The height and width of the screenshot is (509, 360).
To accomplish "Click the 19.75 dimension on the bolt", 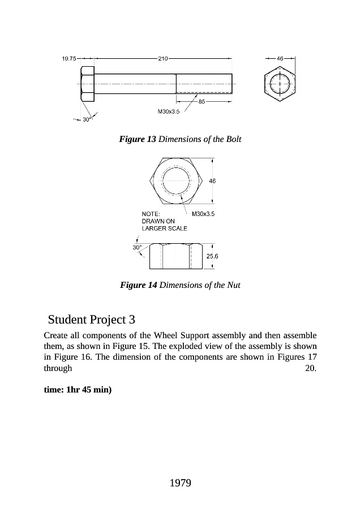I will click(68, 58).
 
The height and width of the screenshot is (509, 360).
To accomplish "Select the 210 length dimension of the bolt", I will click(164, 58).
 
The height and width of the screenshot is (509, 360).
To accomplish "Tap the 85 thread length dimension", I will click(202, 102).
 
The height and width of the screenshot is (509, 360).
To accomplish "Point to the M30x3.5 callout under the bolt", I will click(168, 111).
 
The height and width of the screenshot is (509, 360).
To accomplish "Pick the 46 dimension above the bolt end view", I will click(280, 58).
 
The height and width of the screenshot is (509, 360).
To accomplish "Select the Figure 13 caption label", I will click(138, 139).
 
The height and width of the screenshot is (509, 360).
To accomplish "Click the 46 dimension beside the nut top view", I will click(212, 181).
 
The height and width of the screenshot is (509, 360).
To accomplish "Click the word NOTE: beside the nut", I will click(150, 214).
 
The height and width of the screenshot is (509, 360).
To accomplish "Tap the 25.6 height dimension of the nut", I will click(212, 256).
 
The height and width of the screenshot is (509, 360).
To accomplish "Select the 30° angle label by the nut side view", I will click(136, 247).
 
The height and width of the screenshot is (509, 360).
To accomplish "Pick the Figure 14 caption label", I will click(139, 285).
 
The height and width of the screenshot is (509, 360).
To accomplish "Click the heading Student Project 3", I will click(92, 318).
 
